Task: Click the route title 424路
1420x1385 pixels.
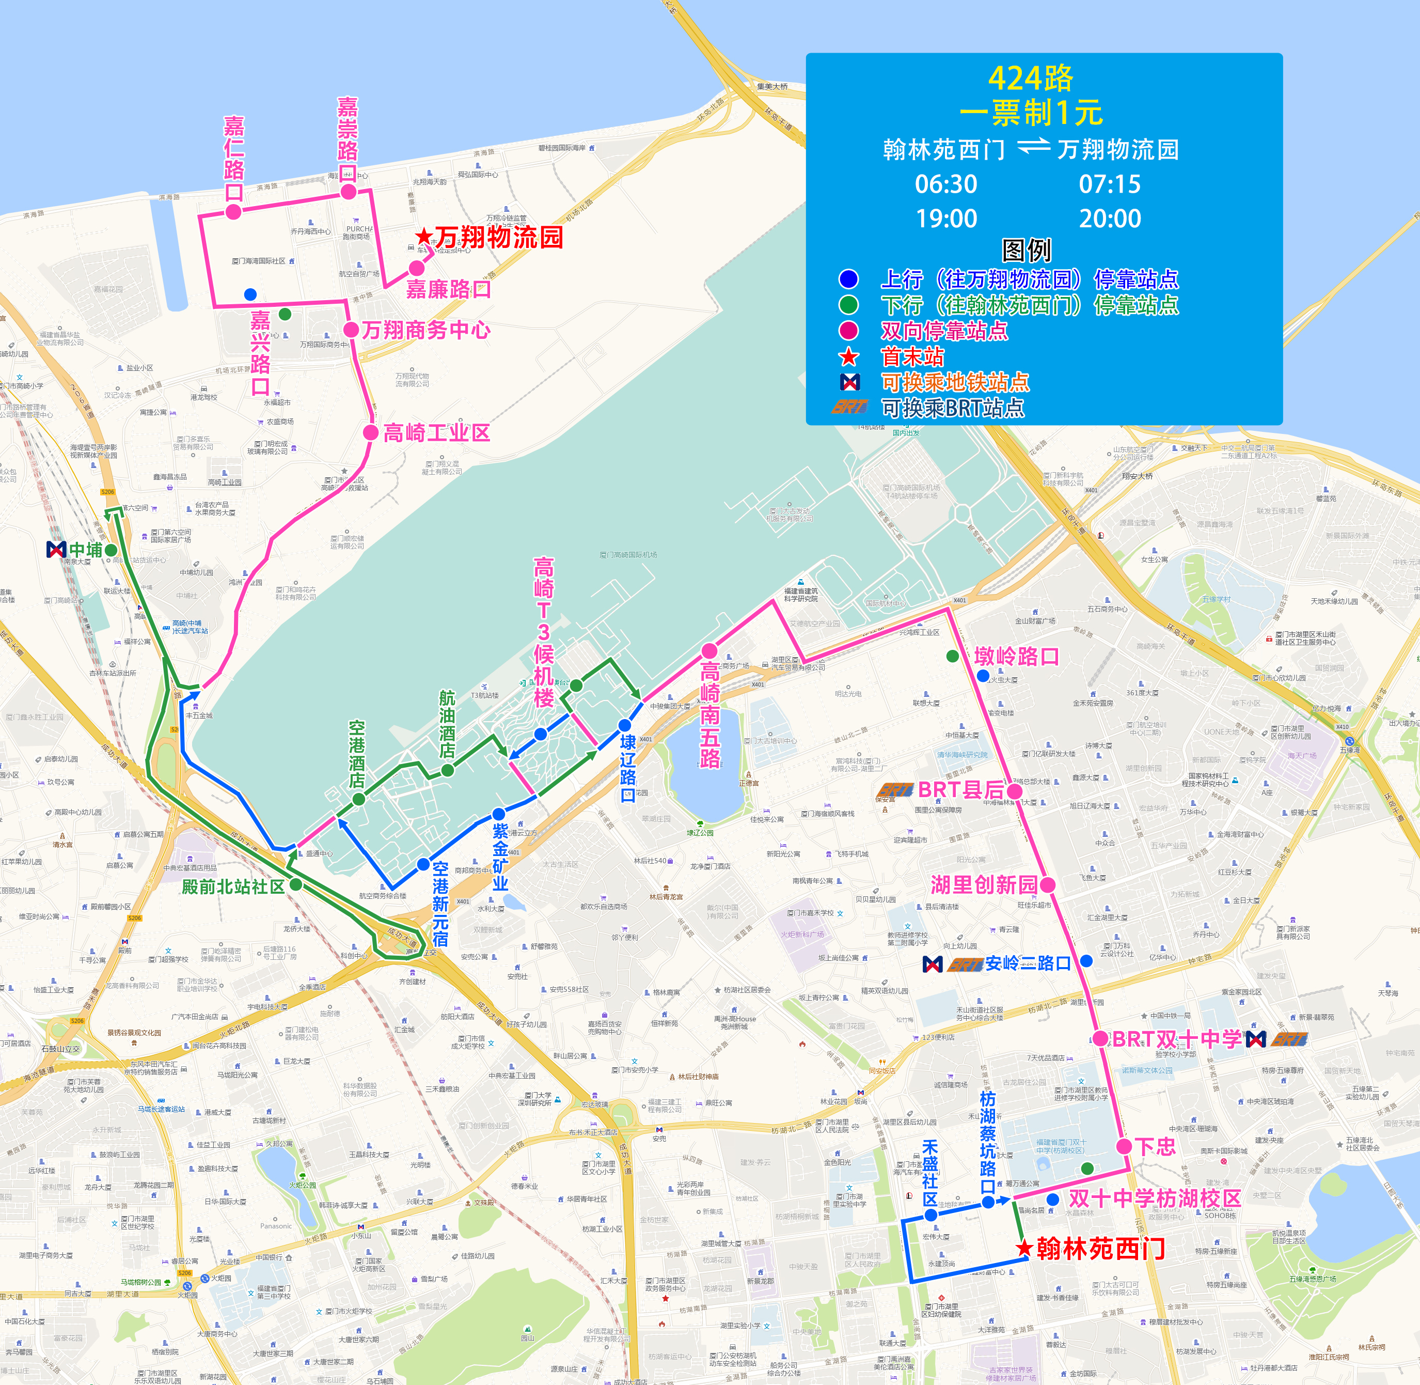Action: tap(1030, 79)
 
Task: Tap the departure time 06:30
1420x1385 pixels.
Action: tap(945, 184)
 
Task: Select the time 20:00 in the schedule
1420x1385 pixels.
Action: tap(1110, 218)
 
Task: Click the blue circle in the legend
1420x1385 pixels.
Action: tap(848, 278)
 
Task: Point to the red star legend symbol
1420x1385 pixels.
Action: tap(848, 357)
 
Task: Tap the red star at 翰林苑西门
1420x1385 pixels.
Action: tap(1024, 1248)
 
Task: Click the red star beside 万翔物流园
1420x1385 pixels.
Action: tap(423, 237)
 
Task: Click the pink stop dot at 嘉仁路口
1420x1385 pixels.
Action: tap(233, 212)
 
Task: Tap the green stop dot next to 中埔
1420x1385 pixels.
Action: tap(111, 550)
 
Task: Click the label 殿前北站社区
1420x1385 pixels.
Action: tap(233, 886)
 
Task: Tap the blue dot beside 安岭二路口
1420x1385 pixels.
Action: tap(1086, 961)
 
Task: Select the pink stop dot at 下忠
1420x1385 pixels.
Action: tap(1124, 1146)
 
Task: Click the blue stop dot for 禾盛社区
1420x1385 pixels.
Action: tap(930, 1215)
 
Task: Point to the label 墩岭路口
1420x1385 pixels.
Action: tap(1017, 656)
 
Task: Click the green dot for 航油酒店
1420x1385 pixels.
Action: tap(448, 770)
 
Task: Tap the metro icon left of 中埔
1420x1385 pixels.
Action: tap(56, 550)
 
